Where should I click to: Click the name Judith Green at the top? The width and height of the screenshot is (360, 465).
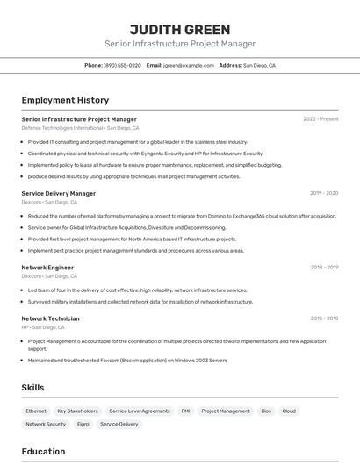tap(180, 29)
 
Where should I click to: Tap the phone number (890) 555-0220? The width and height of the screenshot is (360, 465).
tap(122, 65)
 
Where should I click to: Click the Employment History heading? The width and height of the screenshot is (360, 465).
tap(65, 100)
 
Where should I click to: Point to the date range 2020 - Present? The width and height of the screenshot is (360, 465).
tap(320, 119)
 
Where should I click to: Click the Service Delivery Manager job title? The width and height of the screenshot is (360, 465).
tap(59, 193)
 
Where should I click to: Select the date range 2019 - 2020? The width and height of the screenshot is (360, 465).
tap(324, 193)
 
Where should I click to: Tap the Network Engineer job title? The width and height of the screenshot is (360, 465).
tap(47, 267)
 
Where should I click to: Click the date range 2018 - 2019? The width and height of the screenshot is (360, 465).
tap(324, 267)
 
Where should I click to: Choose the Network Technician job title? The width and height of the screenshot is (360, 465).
tap(51, 318)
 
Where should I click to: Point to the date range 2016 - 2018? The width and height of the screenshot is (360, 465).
tap(324, 318)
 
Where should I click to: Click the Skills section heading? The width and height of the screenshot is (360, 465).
tap(32, 387)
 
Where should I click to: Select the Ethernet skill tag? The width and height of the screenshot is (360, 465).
tap(36, 411)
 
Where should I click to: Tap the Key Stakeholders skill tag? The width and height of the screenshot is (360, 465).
tap(77, 411)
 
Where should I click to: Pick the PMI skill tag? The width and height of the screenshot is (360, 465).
tap(185, 411)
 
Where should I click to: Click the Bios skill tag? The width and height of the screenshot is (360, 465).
tap(266, 411)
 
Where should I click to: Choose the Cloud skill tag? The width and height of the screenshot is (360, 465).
tap(289, 411)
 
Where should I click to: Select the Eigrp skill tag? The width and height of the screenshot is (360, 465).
tap(83, 424)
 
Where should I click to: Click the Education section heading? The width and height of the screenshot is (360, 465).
tap(43, 452)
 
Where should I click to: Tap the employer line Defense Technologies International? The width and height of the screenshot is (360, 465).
tap(62, 128)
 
